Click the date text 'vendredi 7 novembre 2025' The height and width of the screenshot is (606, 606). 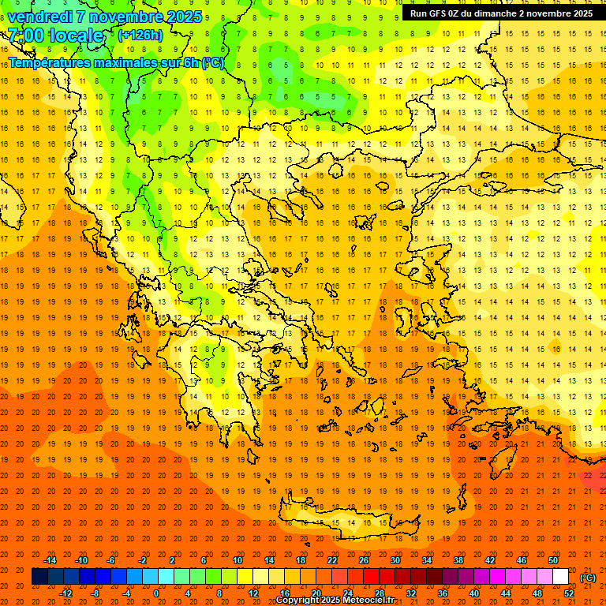(105, 17)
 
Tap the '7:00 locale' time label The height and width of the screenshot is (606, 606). (55, 36)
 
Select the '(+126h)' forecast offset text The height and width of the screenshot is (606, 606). (140, 36)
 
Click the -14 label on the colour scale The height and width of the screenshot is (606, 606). (50, 560)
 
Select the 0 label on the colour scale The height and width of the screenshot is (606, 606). (156, 593)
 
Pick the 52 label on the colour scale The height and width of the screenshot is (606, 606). (569, 593)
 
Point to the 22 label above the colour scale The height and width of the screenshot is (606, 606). (332, 560)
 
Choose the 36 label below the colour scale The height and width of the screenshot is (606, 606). (443, 593)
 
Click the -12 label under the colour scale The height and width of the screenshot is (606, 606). (66, 593)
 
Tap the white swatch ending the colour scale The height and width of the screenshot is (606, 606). (561, 577)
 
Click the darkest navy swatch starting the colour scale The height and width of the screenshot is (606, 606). (40, 577)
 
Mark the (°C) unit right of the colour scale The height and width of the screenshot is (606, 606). (588, 577)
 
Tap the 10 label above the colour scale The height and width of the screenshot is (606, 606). (238, 560)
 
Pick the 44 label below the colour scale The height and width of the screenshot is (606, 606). (506, 593)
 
